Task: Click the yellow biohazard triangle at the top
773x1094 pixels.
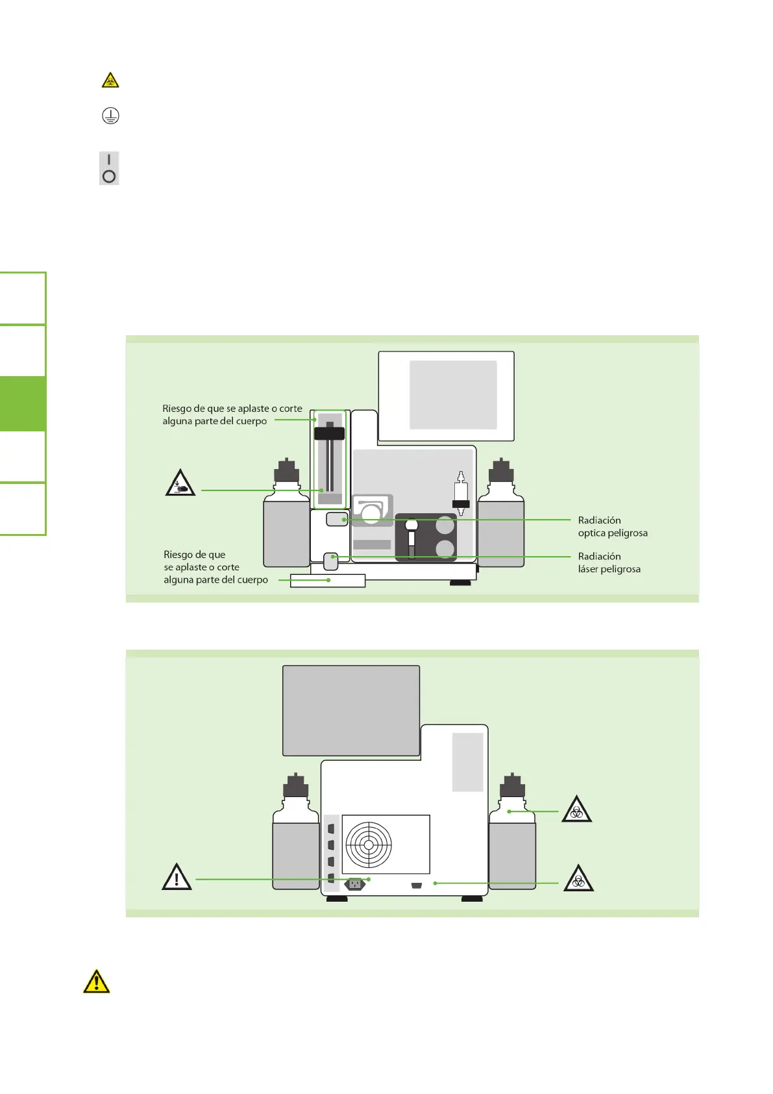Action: (110, 81)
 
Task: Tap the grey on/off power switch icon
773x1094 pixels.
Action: (109, 168)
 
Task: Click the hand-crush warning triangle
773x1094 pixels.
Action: (180, 483)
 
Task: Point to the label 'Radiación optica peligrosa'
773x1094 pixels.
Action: (612, 526)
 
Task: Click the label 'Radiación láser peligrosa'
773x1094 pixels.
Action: (609, 563)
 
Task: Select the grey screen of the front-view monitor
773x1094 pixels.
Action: (453, 395)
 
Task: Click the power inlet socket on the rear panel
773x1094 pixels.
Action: (355, 884)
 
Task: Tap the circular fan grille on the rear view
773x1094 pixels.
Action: (369, 845)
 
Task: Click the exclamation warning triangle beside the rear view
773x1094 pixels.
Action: (177, 877)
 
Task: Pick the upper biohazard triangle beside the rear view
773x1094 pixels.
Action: (576, 809)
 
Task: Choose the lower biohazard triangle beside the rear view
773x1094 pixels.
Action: (578, 879)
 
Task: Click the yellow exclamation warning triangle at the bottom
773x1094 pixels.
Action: (97, 981)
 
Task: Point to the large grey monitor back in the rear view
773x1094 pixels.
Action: (351, 710)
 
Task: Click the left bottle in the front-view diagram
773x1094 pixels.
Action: (286, 520)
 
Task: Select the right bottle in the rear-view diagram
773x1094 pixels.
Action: (512, 838)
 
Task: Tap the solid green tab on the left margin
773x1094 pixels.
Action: (23, 404)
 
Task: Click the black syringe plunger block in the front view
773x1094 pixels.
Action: (329, 433)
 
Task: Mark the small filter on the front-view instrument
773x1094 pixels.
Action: (461, 494)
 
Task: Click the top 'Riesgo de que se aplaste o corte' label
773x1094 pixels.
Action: (232, 414)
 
